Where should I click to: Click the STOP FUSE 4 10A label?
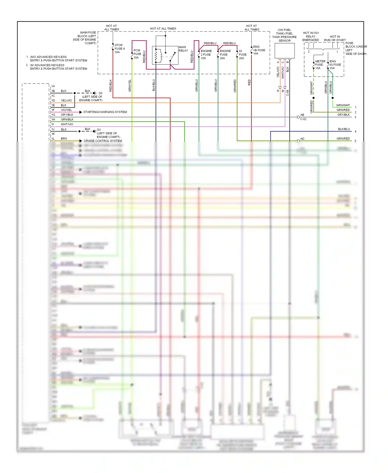(119, 49)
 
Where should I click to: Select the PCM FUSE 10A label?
(137, 54)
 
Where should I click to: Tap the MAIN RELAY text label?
(183, 49)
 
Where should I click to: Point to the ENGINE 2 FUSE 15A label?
(206, 55)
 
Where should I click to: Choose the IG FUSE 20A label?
(242, 55)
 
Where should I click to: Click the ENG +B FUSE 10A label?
(259, 50)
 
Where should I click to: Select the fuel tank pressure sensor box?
(285, 51)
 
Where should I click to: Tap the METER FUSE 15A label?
(320, 65)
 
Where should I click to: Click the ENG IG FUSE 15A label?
(335, 65)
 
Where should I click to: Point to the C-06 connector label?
(288, 93)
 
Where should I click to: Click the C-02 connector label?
(303, 119)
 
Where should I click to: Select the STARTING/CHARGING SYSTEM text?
(105, 112)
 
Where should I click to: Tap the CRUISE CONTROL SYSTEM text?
(103, 141)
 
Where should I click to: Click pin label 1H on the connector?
(53, 120)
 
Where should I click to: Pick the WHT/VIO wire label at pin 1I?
(67, 124)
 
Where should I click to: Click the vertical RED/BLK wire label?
(111, 85)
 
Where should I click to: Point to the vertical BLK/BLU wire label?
(154, 85)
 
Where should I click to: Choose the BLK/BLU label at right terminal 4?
(344, 129)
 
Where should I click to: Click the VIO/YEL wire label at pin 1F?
(66, 110)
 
